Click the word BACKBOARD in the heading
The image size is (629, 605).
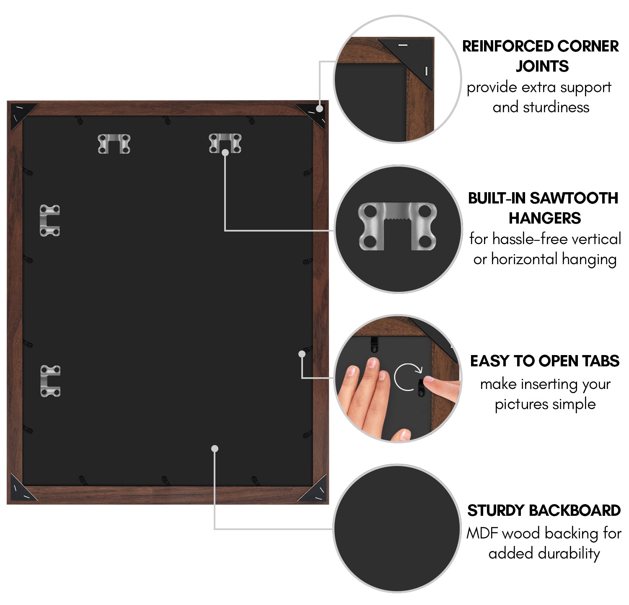575,510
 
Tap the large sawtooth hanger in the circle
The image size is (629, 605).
397,226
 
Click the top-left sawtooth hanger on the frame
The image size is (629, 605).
114,144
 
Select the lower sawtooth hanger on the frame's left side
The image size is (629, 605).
50,381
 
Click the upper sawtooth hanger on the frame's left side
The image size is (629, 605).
50,220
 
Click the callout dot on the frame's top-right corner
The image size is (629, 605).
320,108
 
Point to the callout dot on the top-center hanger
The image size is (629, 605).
225,153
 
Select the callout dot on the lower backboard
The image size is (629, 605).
215,449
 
